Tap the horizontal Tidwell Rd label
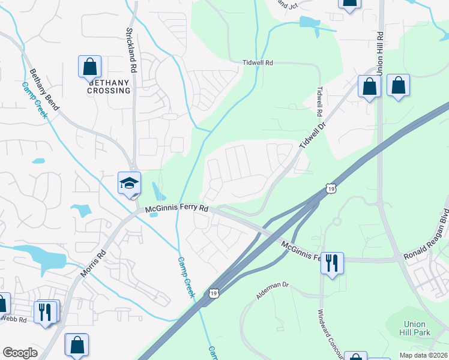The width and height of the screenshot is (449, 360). click(258, 62)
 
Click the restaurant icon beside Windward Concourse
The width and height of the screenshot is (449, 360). click(332, 262)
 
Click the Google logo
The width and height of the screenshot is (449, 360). click(20, 353)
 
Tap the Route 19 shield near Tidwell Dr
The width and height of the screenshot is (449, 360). click(331, 189)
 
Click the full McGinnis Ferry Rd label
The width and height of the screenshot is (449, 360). click(178, 208)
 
